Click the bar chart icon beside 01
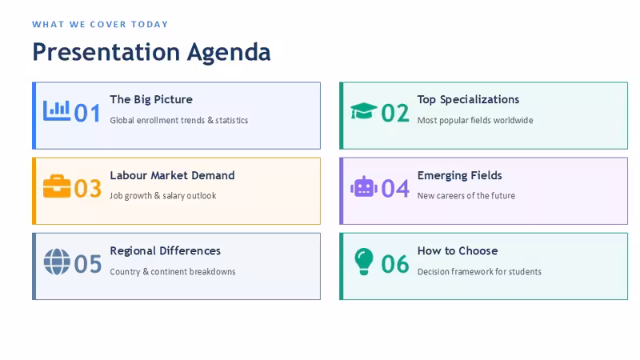pyautogui.click(x=57, y=110)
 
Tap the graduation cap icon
pyautogui.click(x=364, y=110)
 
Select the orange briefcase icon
pyautogui.click(x=57, y=186)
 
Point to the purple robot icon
pyautogui.click(x=364, y=186)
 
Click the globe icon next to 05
pyautogui.click(x=57, y=262)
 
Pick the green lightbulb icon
pyautogui.click(x=364, y=262)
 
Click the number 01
pyautogui.click(x=87, y=113)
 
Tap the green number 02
pyautogui.click(x=395, y=113)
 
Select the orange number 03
pyautogui.click(x=88, y=189)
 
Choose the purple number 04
pyautogui.click(x=395, y=189)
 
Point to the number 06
pyautogui.click(x=395, y=264)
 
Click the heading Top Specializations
pyautogui.click(x=468, y=99)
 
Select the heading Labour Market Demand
pyautogui.click(x=172, y=175)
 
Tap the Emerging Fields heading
pyautogui.click(x=459, y=175)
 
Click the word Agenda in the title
pyautogui.click(x=229, y=53)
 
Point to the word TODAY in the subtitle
pyautogui.click(x=150, y=25)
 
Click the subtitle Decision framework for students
pyautogui.click(x=479, y=271)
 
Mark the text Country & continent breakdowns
pyautogui.click(x=173, y=271)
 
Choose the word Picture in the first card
pyautogui.click(x=173, y=99)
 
